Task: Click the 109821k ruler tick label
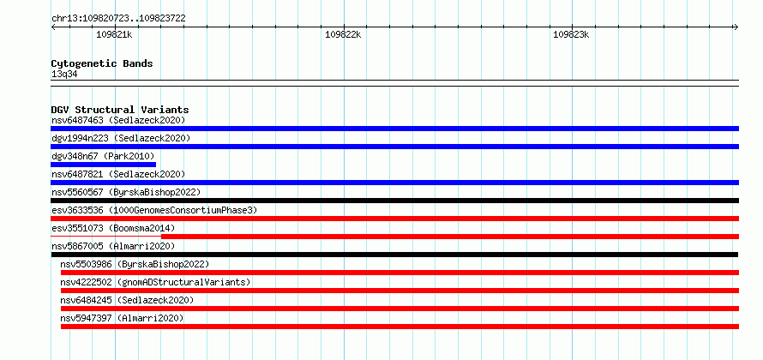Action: (114, 34)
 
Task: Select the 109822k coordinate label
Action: (343, 34)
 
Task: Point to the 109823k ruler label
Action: (571, 34)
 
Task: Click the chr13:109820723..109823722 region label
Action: (118, 19)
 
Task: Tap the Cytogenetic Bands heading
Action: (102, 63)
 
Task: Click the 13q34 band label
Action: (64, 74)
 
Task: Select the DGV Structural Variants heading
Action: (120, 110)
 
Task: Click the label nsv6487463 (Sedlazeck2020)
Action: (118, 120)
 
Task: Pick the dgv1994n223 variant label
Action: (121, 138)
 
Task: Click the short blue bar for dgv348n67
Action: (103, 165)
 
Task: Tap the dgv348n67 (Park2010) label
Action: (103, 156)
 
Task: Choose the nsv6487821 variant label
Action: (118, 174)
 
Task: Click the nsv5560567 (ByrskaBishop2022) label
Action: (126, 192)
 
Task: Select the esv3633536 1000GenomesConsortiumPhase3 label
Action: (154, 210)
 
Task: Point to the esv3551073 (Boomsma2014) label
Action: (113, 228)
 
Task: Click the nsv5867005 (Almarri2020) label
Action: (113, 246)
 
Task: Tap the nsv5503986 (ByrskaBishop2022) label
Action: (135, 264)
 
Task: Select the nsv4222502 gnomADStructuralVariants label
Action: (156, 282)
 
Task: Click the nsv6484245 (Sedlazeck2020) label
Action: (127, 300)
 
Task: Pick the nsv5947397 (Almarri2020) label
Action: (122, 318)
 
